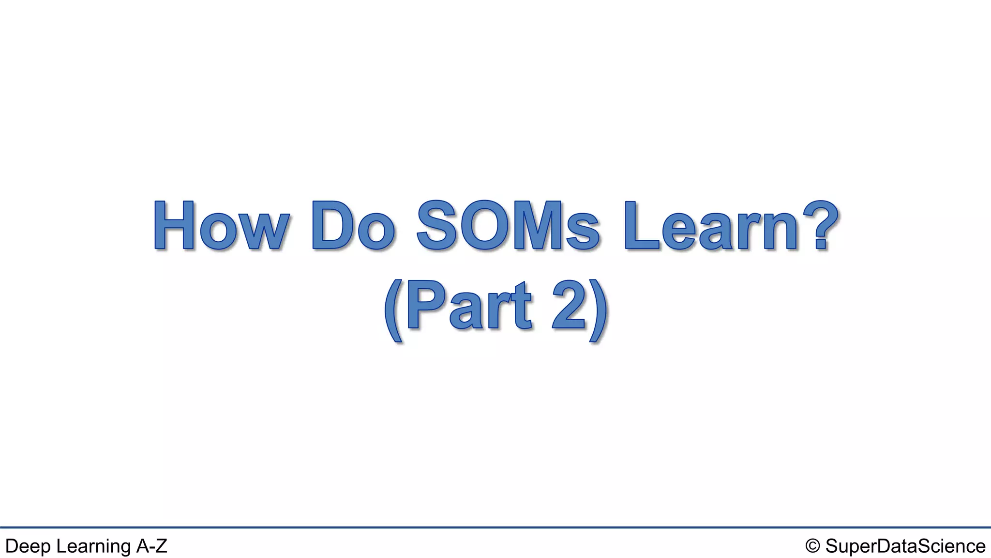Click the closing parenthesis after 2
click(x=598, y=310)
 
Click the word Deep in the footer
click(x=28, y=546)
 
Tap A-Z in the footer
click(x=151, y=546)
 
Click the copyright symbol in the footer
click(x=812, y=546)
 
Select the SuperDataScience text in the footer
click(x=905, y=546)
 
